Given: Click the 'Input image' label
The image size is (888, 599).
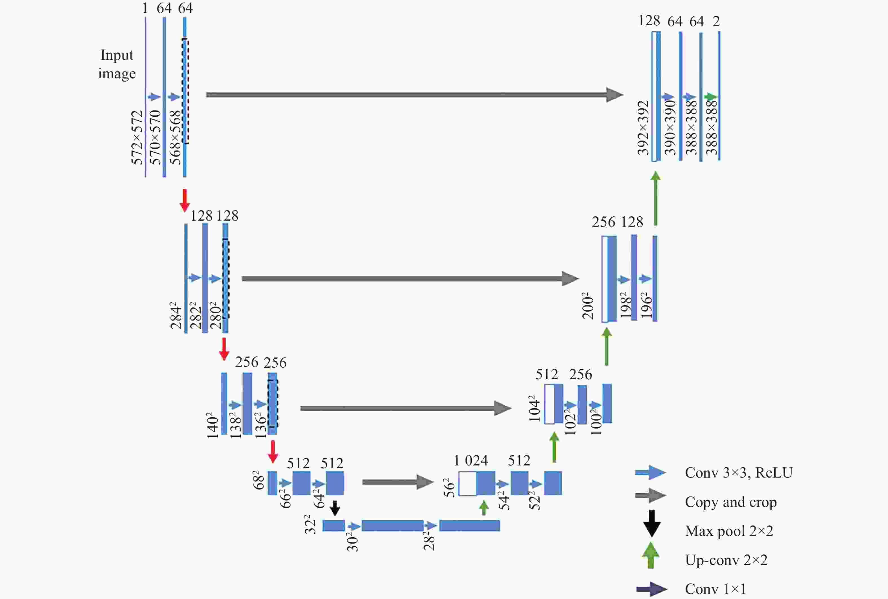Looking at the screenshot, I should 116,64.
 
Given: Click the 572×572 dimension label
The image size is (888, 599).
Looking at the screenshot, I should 137,137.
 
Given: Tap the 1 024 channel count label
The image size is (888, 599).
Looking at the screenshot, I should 471,460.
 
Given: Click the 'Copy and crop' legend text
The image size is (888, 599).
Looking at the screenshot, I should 731,502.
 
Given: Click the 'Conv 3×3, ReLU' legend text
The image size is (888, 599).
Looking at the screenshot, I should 739,472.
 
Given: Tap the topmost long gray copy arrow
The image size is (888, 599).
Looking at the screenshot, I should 415,95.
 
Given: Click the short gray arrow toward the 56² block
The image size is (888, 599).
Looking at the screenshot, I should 398,482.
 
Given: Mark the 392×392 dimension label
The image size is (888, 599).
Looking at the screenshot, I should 644,128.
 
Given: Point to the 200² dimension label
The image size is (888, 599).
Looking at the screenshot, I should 588,305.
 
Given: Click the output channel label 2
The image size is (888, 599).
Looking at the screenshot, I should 716,21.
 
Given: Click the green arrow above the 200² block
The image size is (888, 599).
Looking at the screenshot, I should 656,199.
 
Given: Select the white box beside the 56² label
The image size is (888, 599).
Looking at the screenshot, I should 467,483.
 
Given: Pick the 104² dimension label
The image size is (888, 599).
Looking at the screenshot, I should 534,409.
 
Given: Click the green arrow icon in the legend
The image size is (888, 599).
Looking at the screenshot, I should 651,556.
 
